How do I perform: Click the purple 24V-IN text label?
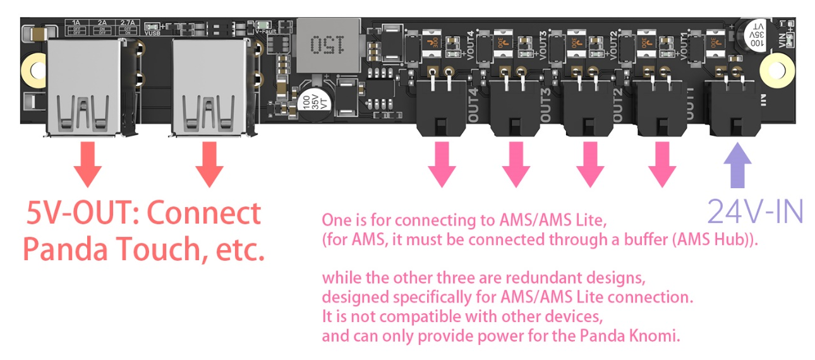pyautogui.click(x=754, y=211)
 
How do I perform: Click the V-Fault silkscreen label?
pyautogui.click(x=266, y=30)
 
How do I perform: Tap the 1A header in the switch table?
pyautogui.click(x=78, y=23)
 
